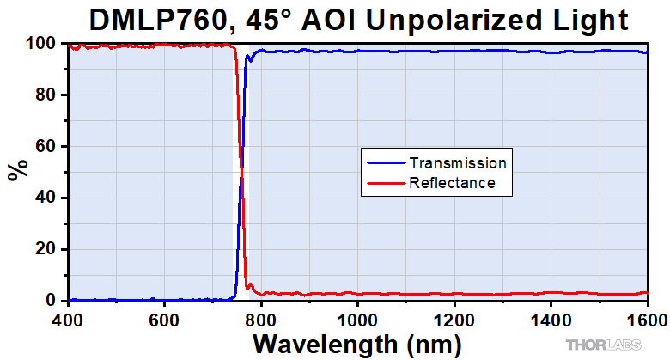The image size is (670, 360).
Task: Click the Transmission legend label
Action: click(458, 162)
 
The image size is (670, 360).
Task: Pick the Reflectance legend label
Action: click(452, 182)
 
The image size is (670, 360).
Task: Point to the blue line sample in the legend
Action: click(385, 162)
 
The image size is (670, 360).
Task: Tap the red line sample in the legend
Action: click(385, 182)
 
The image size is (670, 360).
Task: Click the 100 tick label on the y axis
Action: click(44, 44)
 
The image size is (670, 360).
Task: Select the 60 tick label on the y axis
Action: click(48, 147)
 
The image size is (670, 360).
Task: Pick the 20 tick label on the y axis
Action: click(48, 249)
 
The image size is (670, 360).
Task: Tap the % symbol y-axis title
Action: click(16, 170)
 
